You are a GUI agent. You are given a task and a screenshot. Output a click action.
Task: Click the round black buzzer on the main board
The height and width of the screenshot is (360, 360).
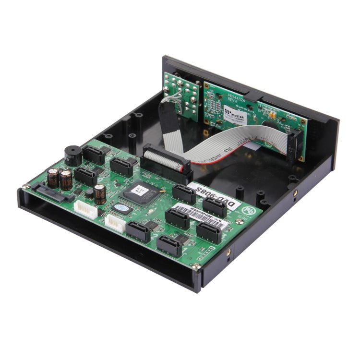click(72, 156)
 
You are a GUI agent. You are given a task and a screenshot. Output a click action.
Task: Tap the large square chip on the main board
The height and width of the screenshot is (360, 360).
click(139, 192)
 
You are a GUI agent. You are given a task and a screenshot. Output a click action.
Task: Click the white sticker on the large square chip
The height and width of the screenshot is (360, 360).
click(137, 189)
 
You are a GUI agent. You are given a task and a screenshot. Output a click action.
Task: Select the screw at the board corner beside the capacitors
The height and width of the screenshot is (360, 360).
click(26, 186)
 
